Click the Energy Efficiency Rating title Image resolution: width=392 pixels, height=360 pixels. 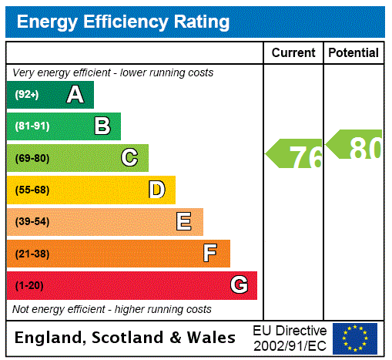pos(123,22)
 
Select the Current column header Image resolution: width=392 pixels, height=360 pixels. pos(293,53)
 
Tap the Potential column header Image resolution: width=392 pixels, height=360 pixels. pos(353,53)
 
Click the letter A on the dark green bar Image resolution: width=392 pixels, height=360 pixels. pos(75,95)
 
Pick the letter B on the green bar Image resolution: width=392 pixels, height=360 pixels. pos(102,126)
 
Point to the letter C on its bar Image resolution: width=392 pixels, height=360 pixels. pos(129,158)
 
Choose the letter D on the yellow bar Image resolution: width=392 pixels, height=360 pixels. pos(156,190)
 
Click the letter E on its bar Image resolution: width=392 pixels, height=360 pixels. pos(184,222)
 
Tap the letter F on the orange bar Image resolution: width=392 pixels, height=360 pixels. pos(210,254)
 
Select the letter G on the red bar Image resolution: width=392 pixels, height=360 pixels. pos(239,285)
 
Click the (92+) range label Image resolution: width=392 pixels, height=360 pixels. pos(27,95)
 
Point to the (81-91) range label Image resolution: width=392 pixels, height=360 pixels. pos(32,126)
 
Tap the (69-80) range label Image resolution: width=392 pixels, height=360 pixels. pos(32,159)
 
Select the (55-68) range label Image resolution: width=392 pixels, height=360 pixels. pos(32,190)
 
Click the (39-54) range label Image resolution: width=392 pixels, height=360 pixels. pos(32,222)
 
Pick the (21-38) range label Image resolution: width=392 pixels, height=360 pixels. pos(32,254)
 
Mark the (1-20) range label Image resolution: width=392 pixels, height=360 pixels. pos(29,286)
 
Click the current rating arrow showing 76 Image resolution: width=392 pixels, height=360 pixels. pos(295,155)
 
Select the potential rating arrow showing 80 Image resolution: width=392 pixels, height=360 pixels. pos(354,145)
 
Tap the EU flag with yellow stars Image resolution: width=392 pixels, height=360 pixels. pos(355,338)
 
